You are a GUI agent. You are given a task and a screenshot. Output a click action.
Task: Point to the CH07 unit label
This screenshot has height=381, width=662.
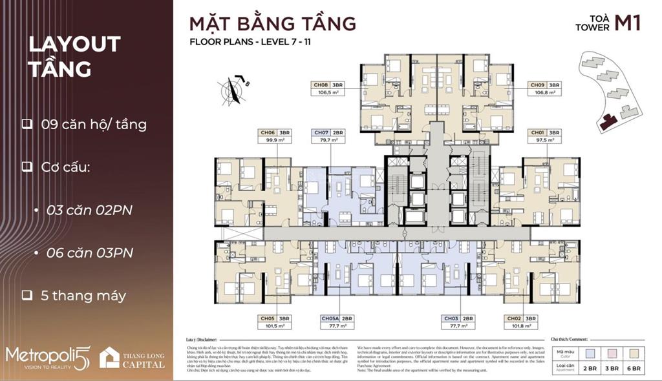pos(321,132)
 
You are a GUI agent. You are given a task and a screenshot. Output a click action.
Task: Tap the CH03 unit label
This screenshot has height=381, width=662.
pos(451,318)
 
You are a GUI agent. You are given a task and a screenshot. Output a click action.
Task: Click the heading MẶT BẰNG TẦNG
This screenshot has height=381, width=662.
pos(272,24)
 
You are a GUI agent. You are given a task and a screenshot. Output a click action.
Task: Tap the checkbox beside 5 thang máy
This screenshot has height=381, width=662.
pos(27,296)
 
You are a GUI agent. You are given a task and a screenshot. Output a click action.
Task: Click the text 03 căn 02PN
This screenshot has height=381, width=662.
pos(89,210)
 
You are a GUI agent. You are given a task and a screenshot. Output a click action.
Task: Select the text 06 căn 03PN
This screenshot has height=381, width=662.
pos(90,252)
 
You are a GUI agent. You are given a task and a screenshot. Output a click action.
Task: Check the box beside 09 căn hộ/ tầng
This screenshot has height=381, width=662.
pos(27,124)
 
